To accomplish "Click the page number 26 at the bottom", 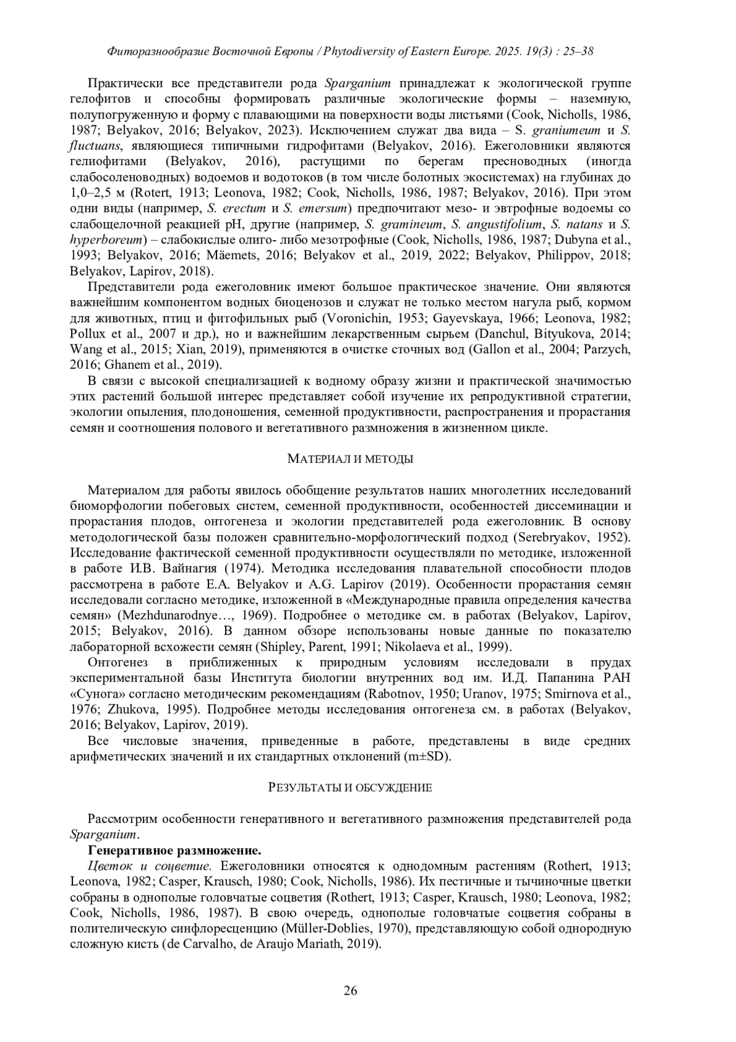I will [350, 990].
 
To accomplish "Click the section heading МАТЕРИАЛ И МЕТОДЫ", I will [350, 459].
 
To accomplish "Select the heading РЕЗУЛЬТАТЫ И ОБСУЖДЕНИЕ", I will [350, 787].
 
